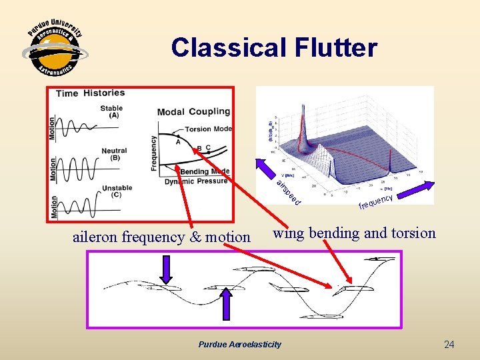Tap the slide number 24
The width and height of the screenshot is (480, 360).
point(449,345)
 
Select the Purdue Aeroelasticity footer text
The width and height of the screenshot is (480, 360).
point(240,345)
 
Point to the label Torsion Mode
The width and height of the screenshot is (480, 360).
point(209,129)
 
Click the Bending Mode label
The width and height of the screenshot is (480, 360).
point(205,171)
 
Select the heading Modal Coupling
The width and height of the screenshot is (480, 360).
point(193,111)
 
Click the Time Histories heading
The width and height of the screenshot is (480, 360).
point(91,93)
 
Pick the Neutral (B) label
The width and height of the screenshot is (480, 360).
point(114,155)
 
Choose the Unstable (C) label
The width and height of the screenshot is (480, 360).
point(117,191)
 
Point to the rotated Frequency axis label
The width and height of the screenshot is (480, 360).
point(154,153)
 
